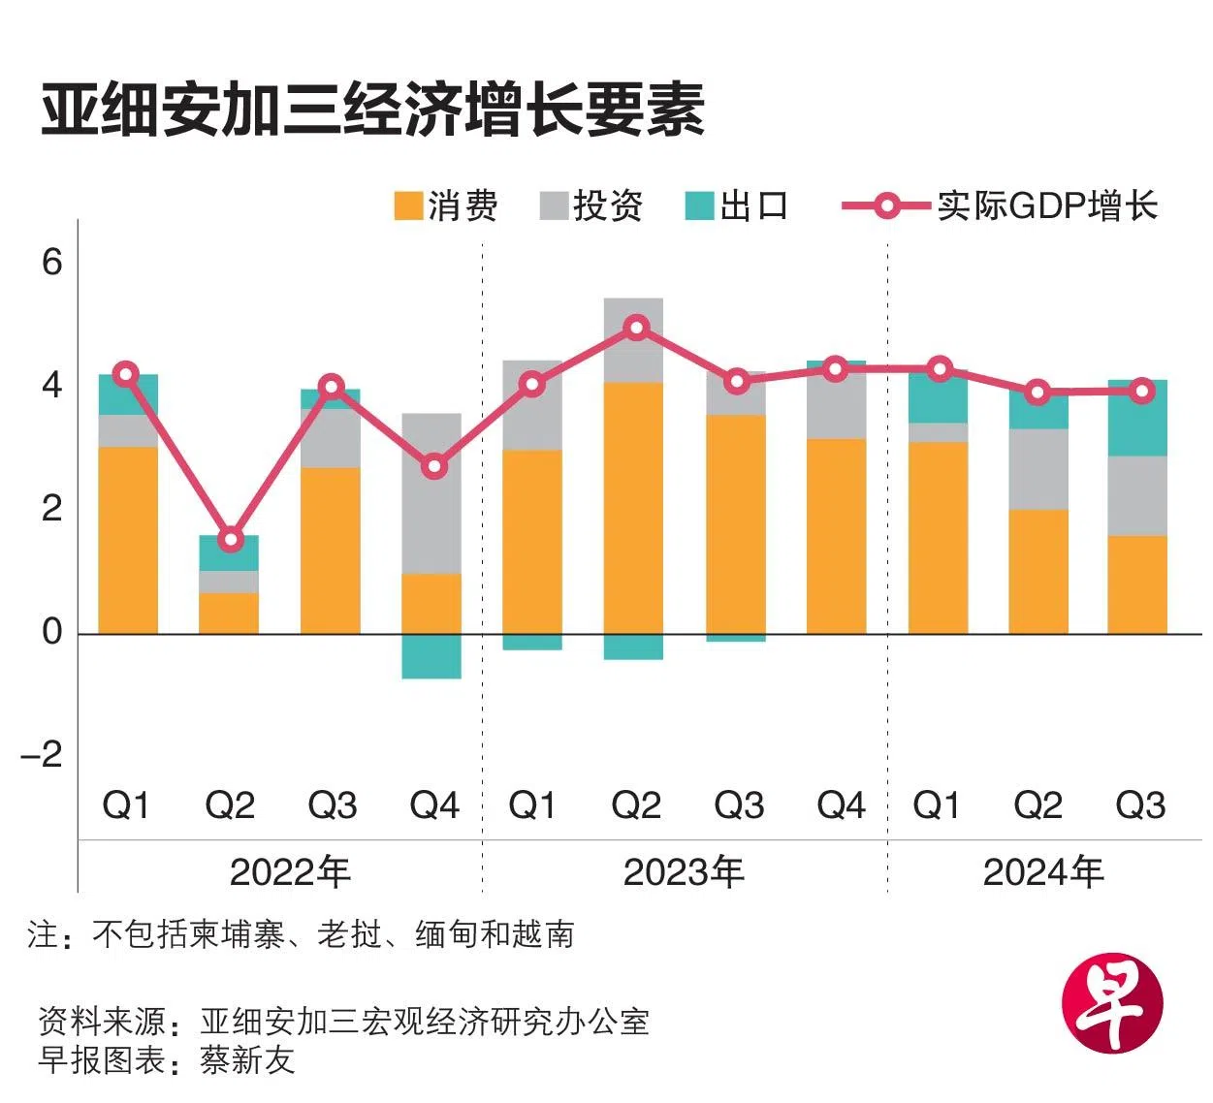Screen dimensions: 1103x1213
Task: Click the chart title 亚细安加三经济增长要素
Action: pos(372,110)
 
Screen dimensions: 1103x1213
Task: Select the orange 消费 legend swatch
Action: pos(408,206)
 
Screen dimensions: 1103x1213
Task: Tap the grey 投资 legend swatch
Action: pos(554,206)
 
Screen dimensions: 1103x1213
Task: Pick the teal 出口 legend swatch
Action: pos(699,206)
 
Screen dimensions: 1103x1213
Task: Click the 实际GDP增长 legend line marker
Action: pos(886,206)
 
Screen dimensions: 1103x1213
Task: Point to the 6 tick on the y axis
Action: pos(52,262)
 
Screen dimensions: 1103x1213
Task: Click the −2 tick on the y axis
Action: pos(43,754)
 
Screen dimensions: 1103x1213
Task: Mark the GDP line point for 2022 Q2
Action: pos(230,539)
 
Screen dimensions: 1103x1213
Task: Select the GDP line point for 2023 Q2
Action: pos(636,328)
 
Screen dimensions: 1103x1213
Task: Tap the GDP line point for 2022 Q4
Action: pos(434,467)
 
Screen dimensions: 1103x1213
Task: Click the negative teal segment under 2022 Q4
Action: pos(431,656)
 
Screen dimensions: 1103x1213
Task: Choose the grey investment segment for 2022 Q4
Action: pos(431,493)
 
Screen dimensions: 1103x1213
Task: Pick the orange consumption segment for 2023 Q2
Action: pos(633,508)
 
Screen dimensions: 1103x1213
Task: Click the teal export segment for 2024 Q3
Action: pos(1137,418)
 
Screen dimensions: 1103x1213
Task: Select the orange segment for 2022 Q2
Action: pos(229,613)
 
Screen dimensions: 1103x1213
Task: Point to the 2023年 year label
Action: pos(684,873)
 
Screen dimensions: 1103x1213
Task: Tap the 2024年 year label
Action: pos(1043,873)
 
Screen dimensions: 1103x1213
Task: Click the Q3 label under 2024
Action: pos(1140,805)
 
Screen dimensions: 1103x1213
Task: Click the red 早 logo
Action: pos(1111,1002)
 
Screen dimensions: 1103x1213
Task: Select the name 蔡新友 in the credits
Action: pos(247,1059)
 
